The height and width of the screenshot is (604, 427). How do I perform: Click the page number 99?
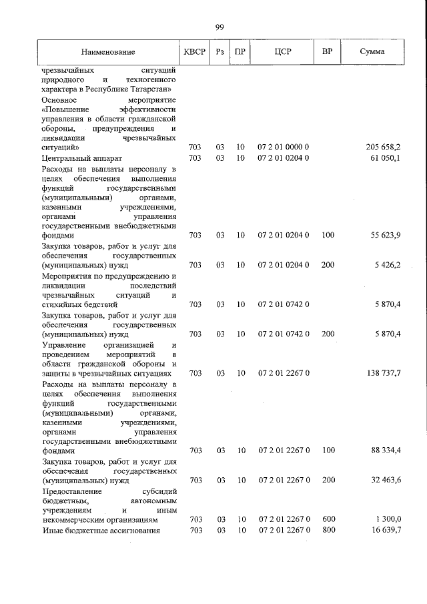point(220,27)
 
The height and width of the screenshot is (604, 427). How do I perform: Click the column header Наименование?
point(108,52)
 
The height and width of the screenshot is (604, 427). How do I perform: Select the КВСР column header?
point(195,52)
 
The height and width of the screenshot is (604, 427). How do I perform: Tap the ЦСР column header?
point(284,52)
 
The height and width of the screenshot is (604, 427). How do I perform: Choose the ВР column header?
point(328,52)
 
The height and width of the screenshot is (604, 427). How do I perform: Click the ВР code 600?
point(327,519)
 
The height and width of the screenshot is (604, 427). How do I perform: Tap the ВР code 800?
point(327,530)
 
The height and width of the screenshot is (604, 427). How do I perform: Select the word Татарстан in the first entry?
point(151,88)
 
